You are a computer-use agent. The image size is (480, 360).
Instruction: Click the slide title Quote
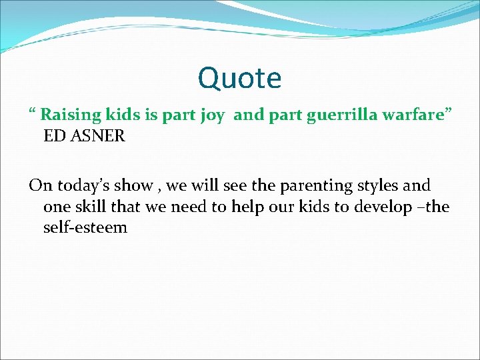pyautogui.click(x=239, y=79)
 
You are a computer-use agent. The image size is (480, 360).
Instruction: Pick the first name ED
pyautogui.click(x=54, y=136)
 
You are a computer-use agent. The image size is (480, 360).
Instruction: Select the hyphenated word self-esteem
pyautogui.click(x=85, y=228)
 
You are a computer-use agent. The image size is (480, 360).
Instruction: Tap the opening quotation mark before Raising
pyautogui.click(x=32, y=111)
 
